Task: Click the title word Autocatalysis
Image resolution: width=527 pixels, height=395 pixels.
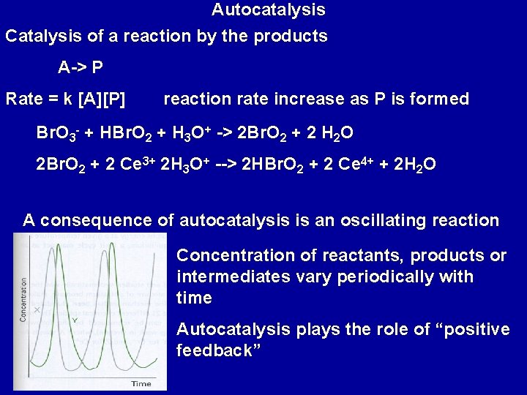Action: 269,10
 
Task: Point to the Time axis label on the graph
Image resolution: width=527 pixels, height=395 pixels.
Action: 141,383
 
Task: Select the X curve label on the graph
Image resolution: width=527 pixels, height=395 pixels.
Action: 36,310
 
